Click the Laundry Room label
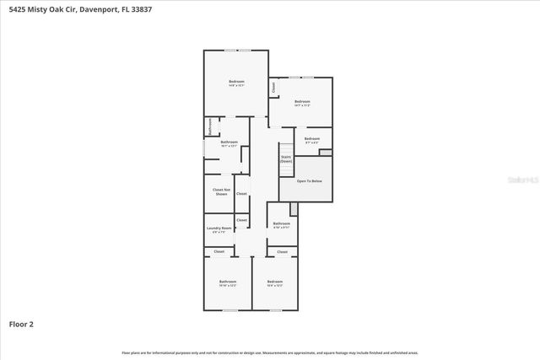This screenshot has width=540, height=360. click(x=219, y=228)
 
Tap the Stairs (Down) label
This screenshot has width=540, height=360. click(x=285, y=159)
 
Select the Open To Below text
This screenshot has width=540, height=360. click(x=307, y=180)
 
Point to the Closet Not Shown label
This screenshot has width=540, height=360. click(x=221, y=192)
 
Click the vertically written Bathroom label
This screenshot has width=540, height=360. click(x=209, y=126)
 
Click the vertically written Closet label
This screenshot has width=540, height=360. click(x=273, y=87)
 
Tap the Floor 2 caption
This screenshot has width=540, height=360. click(x=21, y=323)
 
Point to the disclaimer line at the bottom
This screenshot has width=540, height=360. click(x=270, y=352)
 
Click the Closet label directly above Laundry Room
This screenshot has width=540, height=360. click(x=242, y=220)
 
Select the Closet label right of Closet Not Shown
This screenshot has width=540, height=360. click(x=241, y=194)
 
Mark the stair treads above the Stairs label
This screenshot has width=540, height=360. click(x=285, y=148)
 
